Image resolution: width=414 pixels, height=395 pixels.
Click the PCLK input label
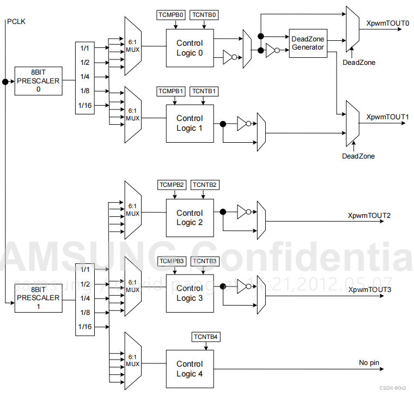point(16,21)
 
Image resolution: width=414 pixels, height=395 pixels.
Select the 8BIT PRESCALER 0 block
point(38,81)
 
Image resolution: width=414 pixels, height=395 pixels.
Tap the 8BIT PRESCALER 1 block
point(38,298)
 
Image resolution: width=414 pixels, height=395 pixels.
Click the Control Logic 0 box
point(190,48)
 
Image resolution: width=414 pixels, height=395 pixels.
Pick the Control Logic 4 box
point(190,369)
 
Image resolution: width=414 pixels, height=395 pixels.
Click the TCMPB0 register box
point(171,15)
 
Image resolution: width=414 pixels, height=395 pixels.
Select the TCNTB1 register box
point(204,90)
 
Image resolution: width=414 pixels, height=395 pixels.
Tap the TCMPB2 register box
point(173,185)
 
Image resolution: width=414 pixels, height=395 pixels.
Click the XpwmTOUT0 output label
point(388,23)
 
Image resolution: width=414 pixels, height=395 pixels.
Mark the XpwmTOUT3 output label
point(370,289)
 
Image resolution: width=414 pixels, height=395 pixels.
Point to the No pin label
point(369,363)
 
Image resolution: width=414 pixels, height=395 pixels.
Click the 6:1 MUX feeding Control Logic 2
point(133,210)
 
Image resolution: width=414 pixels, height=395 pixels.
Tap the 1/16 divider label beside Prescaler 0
point(85,105)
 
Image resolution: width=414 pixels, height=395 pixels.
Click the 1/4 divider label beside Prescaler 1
point(85,298)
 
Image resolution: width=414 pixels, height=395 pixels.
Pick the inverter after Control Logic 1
point(243,124)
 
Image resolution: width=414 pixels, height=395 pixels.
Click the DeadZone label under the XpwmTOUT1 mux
point(358,156)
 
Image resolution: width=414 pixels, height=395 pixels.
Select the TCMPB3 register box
point(173,262)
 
